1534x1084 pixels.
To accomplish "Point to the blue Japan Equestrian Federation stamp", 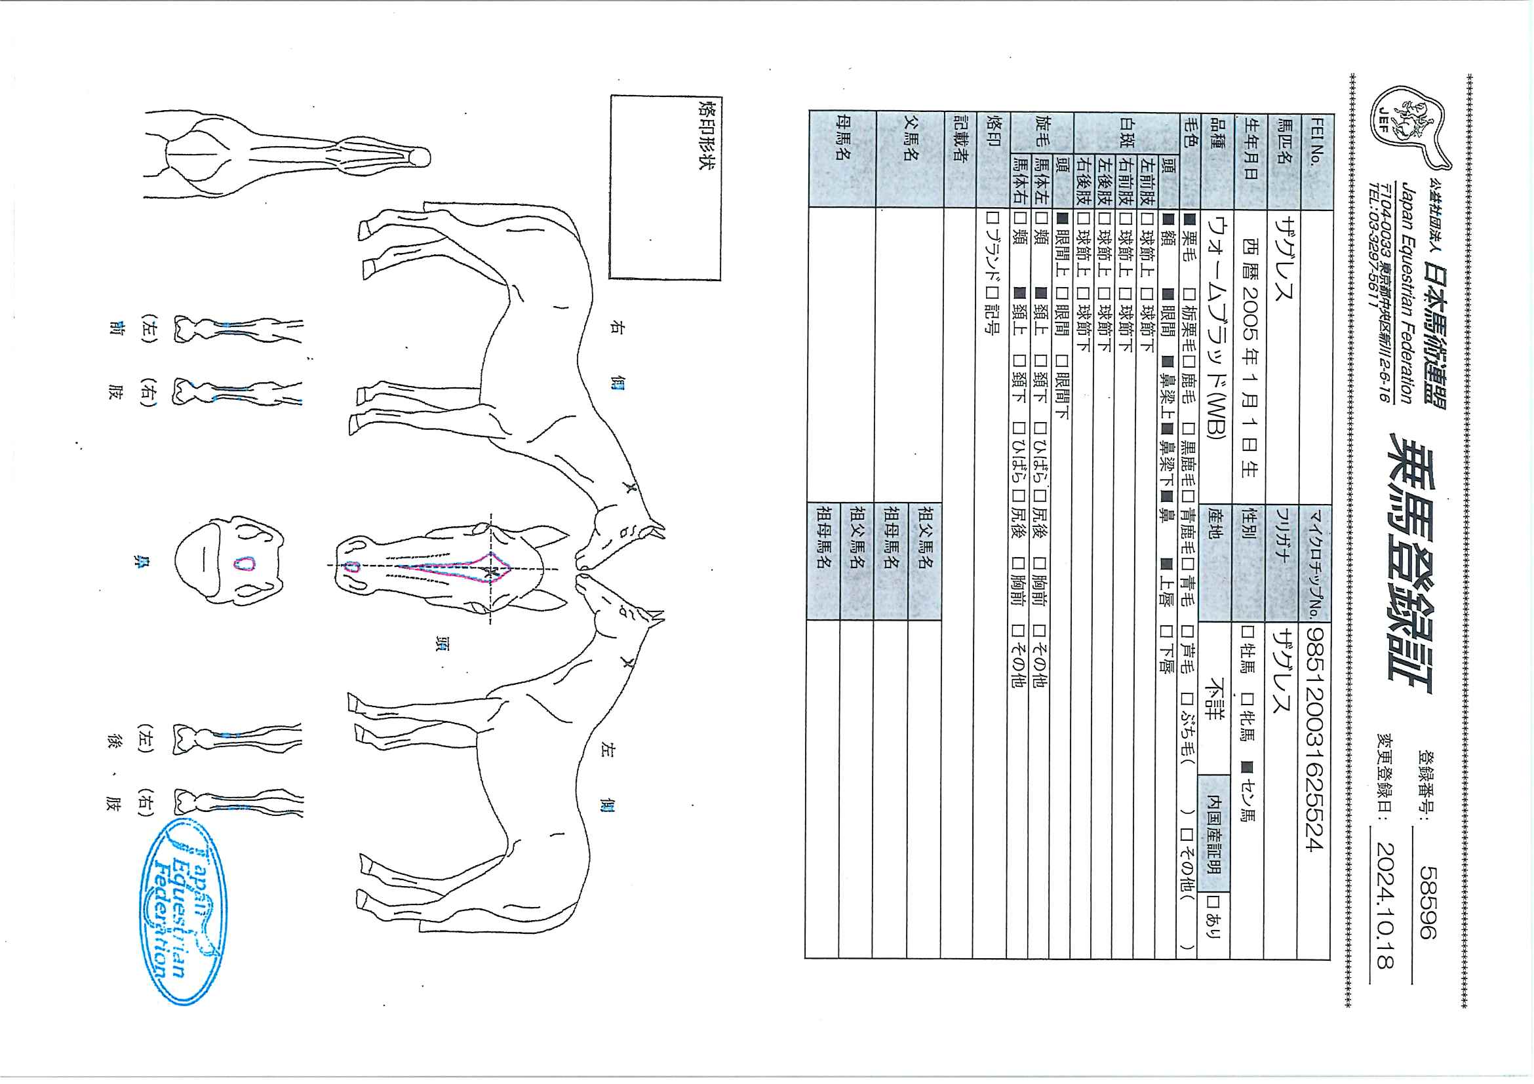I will pyautogui.click(x=184, y=912).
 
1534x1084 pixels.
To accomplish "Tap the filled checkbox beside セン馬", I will pyautogui.click(x=1247, y=767).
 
